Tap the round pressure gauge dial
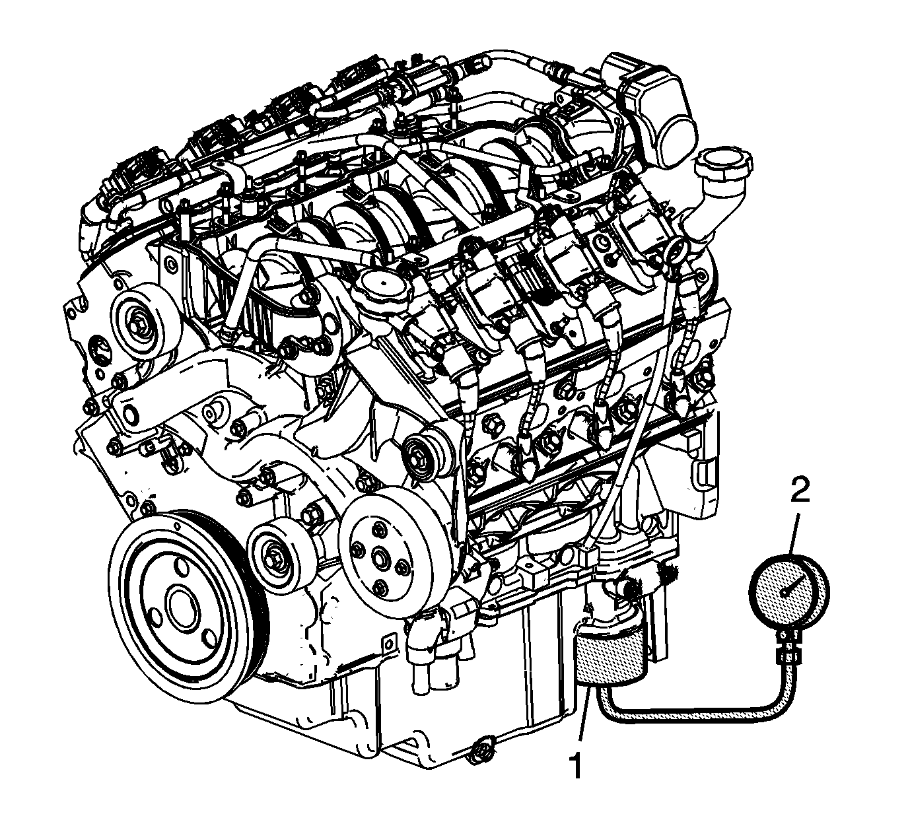[x=789, y=593]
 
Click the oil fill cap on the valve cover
[x=382, y=290]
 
